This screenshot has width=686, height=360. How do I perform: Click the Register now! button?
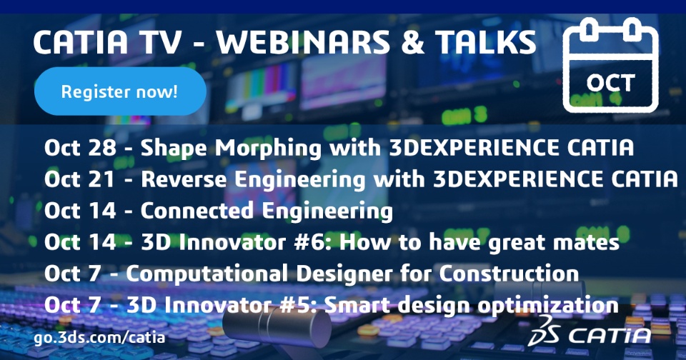120,91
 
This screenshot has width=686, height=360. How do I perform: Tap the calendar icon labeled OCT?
611,65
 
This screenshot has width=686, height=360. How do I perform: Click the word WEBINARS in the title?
303,43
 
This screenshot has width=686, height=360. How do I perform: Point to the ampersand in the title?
412,43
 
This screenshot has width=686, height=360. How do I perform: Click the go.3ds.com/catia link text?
100,337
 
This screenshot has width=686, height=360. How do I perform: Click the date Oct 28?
80,148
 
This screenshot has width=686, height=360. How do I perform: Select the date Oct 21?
79,179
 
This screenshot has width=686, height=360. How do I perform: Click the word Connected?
197,211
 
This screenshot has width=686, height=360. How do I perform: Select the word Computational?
207,274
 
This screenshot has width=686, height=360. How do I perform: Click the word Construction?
509,274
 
